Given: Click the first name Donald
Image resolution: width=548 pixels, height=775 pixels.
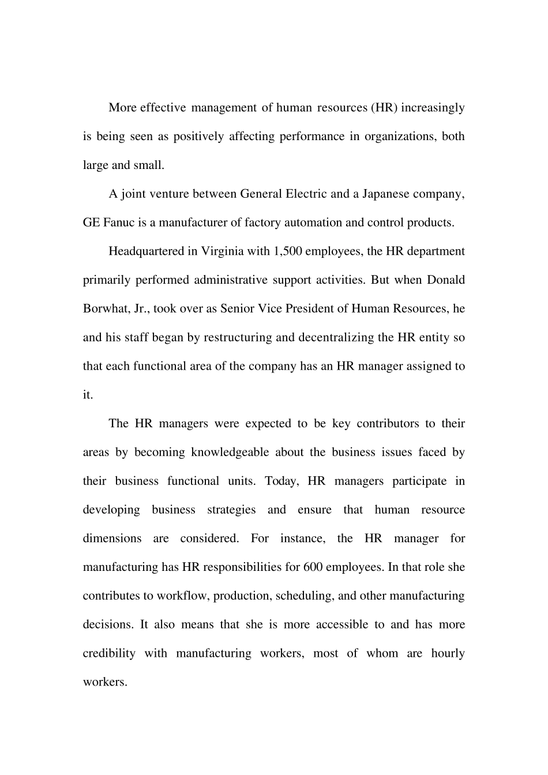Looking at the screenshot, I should point(446,280).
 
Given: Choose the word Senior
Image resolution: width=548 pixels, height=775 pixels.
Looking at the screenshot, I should point(237,309).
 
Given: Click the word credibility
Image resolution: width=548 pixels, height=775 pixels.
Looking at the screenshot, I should point(109,653).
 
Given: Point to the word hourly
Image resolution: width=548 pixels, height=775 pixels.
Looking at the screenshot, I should point(448,653).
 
